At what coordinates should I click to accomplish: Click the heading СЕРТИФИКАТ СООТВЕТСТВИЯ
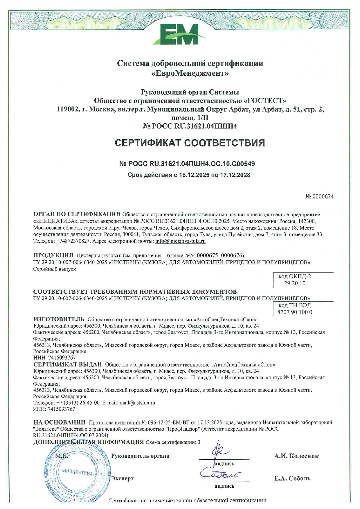190,143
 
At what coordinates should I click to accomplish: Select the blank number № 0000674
319,196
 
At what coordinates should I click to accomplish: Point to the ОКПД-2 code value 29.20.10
295,283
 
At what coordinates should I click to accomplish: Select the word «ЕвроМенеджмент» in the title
190,73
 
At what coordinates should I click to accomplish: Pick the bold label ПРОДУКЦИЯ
53,255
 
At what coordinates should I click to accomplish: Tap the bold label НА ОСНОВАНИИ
60,422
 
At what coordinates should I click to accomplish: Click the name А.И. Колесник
296,456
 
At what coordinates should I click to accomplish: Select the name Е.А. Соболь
292,479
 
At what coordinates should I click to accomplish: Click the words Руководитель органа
140,456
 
